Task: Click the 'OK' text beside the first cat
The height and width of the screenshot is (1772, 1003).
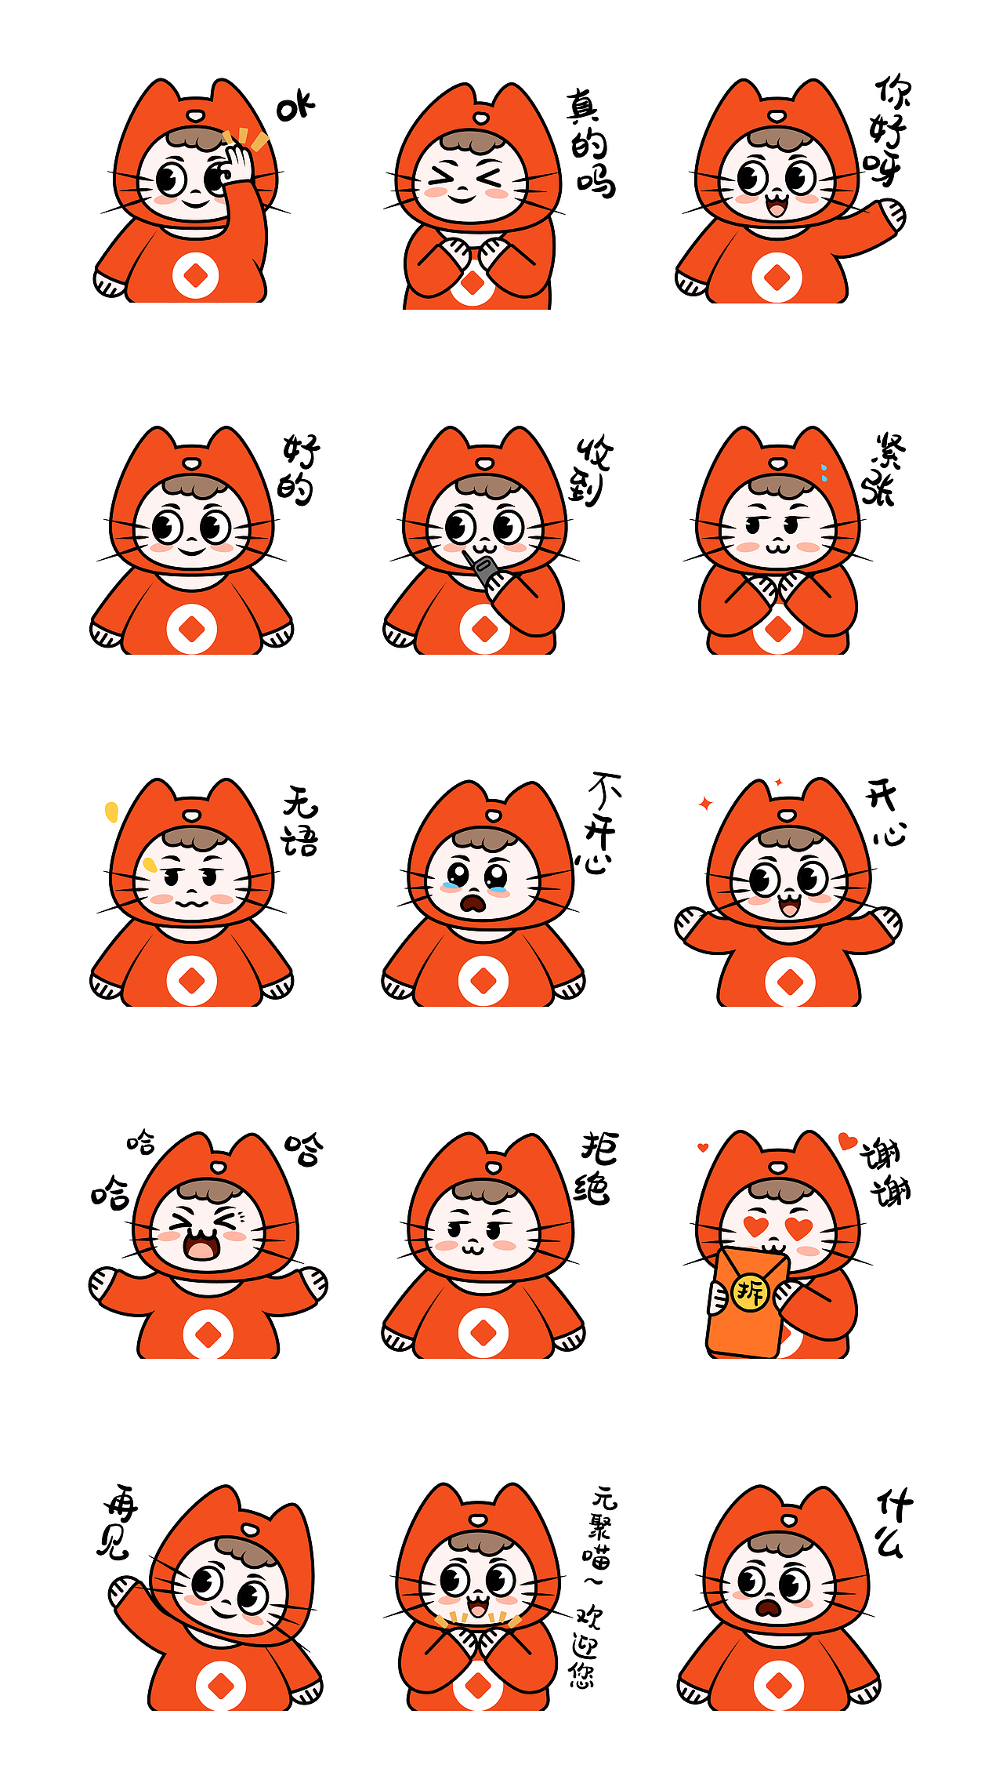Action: [x=295, y=107]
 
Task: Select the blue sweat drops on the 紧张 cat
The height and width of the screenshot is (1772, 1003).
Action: [x=824, y=472]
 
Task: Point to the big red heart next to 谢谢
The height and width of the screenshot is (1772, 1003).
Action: [x=846, y=1141]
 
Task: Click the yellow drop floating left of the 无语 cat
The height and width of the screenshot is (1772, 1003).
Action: [x=111, y=812]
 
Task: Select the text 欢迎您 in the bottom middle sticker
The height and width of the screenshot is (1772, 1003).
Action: [x=585, y=1647]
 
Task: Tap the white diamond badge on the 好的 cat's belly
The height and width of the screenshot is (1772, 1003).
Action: [x=191, y=629]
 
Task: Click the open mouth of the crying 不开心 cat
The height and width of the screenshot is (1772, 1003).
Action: [x=473, y=903]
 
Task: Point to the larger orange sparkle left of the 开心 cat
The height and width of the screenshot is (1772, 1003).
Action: [x=705, y=804]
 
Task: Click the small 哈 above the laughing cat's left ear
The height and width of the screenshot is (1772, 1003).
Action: [x=141, y=1142]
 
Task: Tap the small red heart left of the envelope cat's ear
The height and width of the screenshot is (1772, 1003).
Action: [x=703, y=1148]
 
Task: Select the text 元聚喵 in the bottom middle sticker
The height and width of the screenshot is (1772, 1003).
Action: [x=602, y=1526]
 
